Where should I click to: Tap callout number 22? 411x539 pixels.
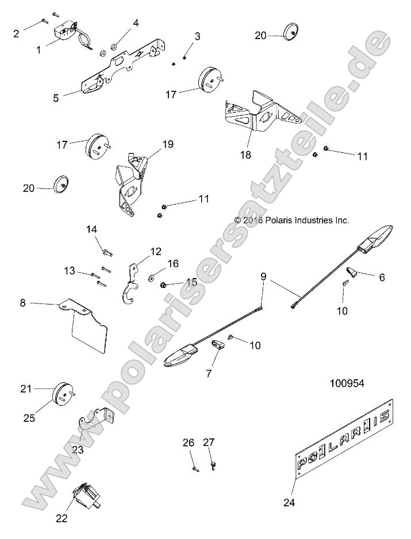click(x=62, y=518)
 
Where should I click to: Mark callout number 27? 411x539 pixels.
click(x=208, y=442)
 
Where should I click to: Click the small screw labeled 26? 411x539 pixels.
click(x=194, y=468)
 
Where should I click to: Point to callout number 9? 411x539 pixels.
click(x=263, y=277)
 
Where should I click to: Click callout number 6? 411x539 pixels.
click(x=381, y=276)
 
